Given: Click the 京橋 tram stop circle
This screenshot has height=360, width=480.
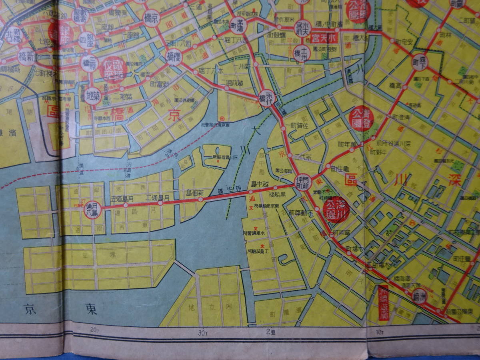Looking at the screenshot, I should [151, 18].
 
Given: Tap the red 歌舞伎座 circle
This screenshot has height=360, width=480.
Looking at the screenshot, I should [114, 70].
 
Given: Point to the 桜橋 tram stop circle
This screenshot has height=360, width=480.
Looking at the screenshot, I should [174, 57].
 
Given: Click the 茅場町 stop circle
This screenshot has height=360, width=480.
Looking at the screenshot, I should [238, 26].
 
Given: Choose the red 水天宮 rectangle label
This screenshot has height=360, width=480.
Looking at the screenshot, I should [322, 38].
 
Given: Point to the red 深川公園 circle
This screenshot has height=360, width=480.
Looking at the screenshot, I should [336, 209].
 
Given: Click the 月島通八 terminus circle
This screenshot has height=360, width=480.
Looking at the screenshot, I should [92, 208].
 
